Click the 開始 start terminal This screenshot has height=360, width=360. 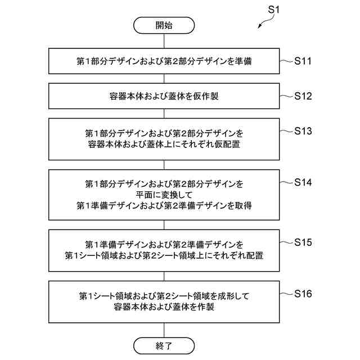pyautogui.click(x=164, y=25)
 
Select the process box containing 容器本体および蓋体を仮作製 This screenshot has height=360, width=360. pyautogui.click(x=164, y=96)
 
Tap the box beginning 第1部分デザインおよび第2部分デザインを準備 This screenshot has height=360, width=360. pyautogui.click(x=164, y=61)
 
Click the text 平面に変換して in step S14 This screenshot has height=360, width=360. pyautogui.click(x=164, y=195)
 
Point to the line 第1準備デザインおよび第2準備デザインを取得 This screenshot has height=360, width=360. pyautogui.click(x=164, y=205)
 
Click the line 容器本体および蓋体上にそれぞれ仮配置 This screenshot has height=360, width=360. pyautogui.click(x=164, y=144)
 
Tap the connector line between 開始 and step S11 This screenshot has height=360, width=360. pyautogui.click(x=164, y=41)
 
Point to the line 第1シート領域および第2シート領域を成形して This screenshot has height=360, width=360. pyautogui.click(x=164, y=296)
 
